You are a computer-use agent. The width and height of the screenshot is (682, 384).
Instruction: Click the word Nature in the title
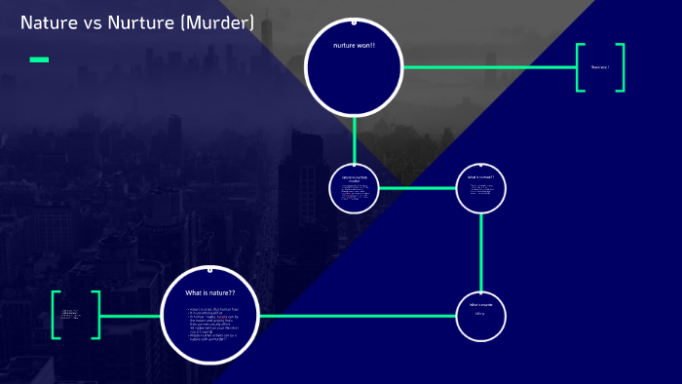coord(49,22)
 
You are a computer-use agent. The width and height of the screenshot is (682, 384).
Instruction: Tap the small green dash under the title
coord(39,59)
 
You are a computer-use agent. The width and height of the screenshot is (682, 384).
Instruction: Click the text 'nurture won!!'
coord(354,46)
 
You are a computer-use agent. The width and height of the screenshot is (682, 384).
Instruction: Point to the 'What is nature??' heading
coord(210,292)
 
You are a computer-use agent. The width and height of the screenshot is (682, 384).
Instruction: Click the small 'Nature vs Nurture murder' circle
coord(354,188)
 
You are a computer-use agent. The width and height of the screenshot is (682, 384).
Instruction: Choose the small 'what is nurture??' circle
coord(481,188)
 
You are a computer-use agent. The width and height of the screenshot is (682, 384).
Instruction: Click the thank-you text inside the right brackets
coord(599,67)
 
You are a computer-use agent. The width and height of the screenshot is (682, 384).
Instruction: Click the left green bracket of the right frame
coord(580,67)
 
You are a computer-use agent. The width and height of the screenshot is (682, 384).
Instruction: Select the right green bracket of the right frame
coord(620,67)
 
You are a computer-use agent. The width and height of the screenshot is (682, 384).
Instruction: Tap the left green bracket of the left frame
coord(56,315)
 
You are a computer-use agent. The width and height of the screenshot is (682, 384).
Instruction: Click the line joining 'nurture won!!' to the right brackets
coord(487,67)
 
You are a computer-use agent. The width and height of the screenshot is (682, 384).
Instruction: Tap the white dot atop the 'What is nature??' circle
coord(209,270)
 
